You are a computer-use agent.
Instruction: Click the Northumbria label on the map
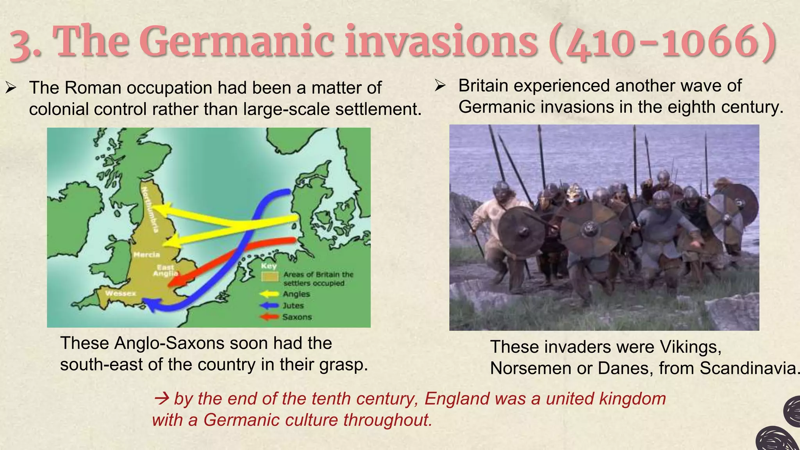(150, 209)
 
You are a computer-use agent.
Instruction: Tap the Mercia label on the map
(147, 255)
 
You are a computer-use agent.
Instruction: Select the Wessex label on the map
(121, 293)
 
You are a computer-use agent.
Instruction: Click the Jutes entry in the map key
(293, 305)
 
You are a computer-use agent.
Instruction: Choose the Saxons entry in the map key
(297, 317)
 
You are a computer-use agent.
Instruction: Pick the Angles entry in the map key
(296, 294)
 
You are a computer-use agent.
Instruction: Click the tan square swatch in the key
(270, 277)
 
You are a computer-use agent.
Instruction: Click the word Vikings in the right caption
(690, 347)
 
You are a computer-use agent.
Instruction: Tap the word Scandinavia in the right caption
(748, 368)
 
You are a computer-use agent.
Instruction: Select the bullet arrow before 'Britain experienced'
(440, 86)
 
